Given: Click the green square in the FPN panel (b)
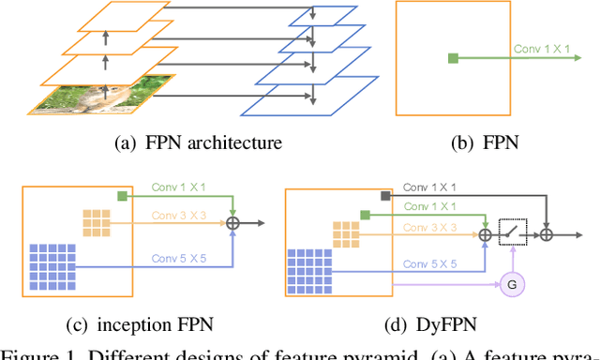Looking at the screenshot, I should (x=454, y=58).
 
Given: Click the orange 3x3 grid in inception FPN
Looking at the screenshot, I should (x=95, y=221).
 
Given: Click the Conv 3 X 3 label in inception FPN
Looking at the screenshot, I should (x=180, y=214).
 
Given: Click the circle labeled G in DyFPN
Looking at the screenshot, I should (x=512, y=282).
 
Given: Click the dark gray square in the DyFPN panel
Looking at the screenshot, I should (x=384, y=196).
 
